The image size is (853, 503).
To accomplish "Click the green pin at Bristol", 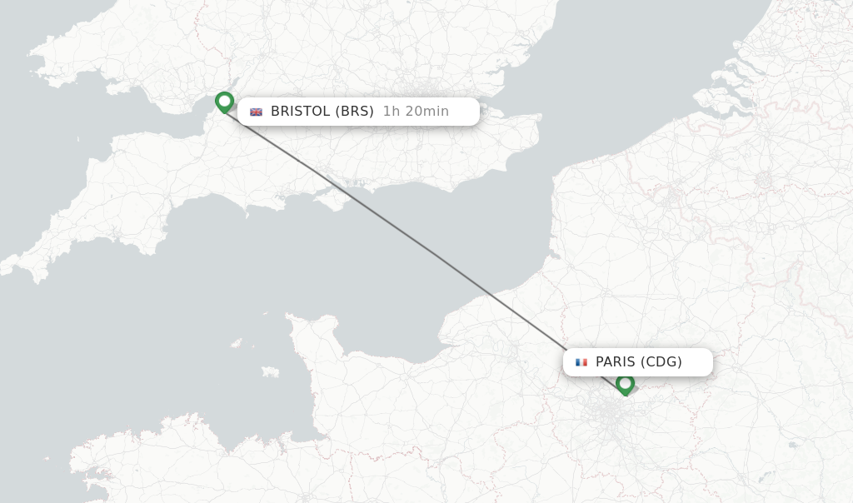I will (x=224, y=102).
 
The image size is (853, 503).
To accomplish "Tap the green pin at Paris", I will (x=625, y=384).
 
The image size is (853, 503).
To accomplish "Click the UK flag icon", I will (x=256, y=112).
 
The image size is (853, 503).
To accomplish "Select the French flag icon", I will (x=581, y=362).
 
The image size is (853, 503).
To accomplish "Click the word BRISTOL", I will (x=300, y=112).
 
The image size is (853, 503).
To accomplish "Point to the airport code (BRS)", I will (x=354, y=112).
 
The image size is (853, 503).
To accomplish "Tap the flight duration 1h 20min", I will (x=416, y=112).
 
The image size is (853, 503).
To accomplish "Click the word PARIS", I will (x=616, y=362).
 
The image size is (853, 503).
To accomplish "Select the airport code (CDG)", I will (x=661, y=362).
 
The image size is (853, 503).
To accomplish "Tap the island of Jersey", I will (x=270, y=371).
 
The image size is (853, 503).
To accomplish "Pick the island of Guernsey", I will (x=237, y=343).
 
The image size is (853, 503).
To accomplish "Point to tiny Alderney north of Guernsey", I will (x=261, y=316).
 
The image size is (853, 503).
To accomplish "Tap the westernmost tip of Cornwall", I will (x=5, y=267).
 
